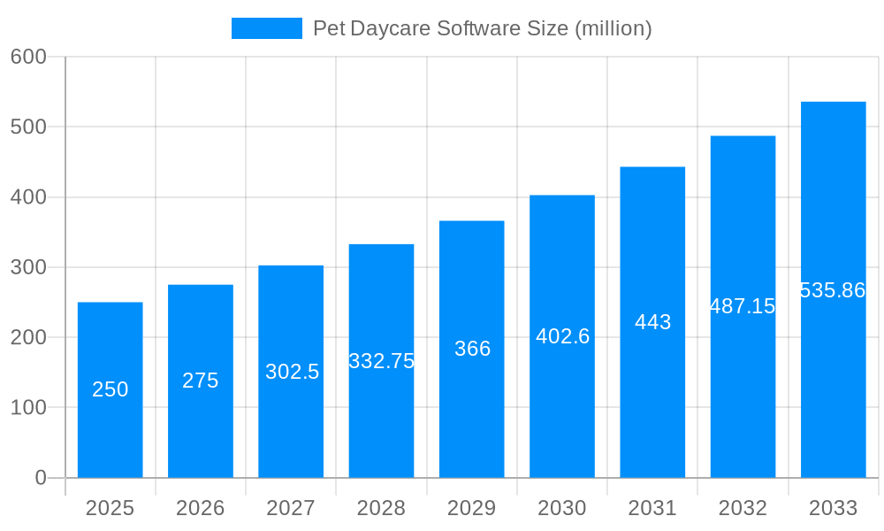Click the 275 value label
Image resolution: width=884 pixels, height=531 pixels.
pyautogui.click(x=201, y=381)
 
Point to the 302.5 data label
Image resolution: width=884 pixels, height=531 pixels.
pyautogui.click(x=292, y=372)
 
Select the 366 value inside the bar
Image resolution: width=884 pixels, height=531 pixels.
pyautogui.click(x=472, y=349)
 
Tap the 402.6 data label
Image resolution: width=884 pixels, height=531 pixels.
pyautogui.click(x=562, y=336)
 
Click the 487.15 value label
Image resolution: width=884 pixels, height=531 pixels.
pyautogui.click(x=743, y=306)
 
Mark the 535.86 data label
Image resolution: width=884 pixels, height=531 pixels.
pyautogui.click(x=833, y=290)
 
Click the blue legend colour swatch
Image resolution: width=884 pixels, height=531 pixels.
pyautogui.click(x=266, y=28)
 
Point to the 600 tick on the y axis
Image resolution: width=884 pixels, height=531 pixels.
pyautogui.click(x=28, y=57)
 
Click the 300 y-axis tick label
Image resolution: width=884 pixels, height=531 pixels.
pyautogui.click(x=28, y=267)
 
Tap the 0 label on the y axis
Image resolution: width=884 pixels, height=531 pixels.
pyautogui.click(x=41, y=478)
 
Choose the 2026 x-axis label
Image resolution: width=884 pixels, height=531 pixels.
pyautogui.click(x=201, y=508)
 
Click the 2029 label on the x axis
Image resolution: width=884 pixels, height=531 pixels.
pyautogui.click(x=472, y=508)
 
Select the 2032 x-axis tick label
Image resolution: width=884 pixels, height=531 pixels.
pyautogui.click(x=743, y=508)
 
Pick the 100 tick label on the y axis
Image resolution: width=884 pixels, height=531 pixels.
pyautogui.click(x=28, y=407)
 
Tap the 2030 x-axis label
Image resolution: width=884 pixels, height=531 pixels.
pyautogui.click(x=562, y=508)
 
